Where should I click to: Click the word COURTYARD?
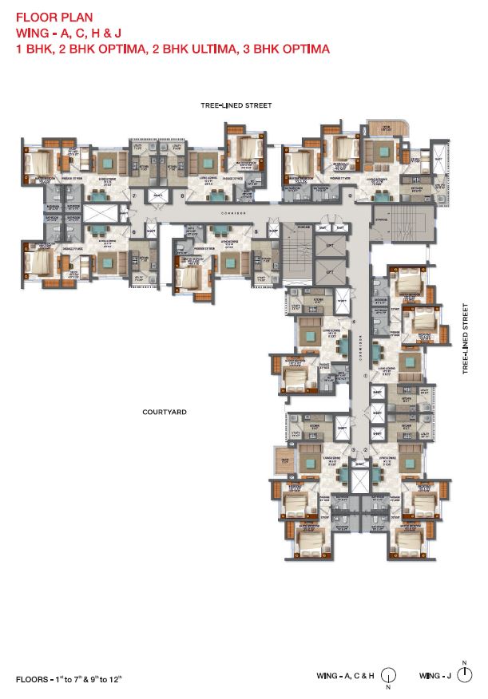[x=165, y=412]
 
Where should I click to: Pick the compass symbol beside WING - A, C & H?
[x=388, y=677]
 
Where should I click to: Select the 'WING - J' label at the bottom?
[x=436, y=677]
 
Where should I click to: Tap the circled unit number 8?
[x=182, y=195]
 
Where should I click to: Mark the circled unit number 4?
[x=353, y=322]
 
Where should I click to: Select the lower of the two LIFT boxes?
[x=330, y=274]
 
